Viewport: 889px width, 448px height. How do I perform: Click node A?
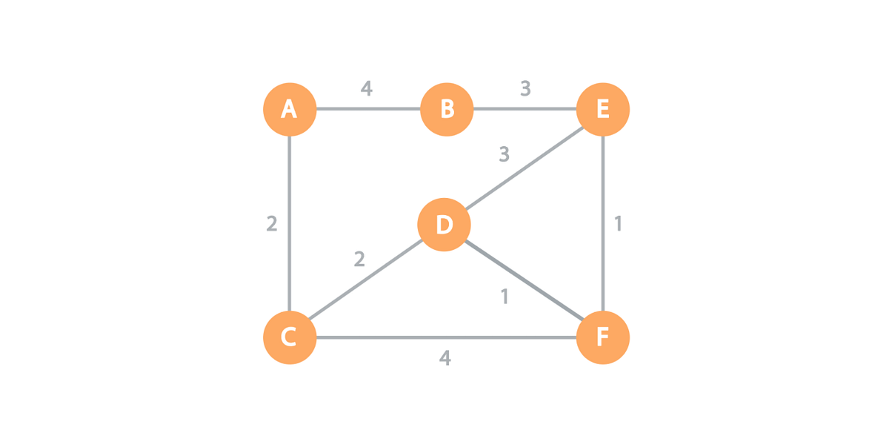pos(290,110)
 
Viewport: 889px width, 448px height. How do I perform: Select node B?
pos(447,110)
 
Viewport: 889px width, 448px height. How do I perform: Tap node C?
pos(290,337)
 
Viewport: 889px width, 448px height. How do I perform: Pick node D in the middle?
pos(444,224)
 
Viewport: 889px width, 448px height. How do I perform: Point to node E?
pos(603,110)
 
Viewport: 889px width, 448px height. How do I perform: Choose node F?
pos(603,337)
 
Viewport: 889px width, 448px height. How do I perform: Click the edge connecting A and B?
pos(368,111)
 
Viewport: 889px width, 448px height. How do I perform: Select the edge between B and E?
pos(525,111)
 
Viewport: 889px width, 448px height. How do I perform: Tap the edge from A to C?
pos(290,223)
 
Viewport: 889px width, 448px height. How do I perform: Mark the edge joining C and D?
pos(367,281)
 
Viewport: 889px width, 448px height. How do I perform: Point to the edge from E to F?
pos(604,223)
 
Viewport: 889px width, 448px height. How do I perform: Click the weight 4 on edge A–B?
pos(367,89)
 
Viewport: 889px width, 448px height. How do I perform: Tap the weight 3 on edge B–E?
pos(525,89)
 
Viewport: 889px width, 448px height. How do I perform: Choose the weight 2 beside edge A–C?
pos(272,223)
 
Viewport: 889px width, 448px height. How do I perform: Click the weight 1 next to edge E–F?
pos(619,223)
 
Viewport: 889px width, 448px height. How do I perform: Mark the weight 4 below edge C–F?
pos(444,358)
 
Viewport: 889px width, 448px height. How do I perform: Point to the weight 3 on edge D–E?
pos(505,154)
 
